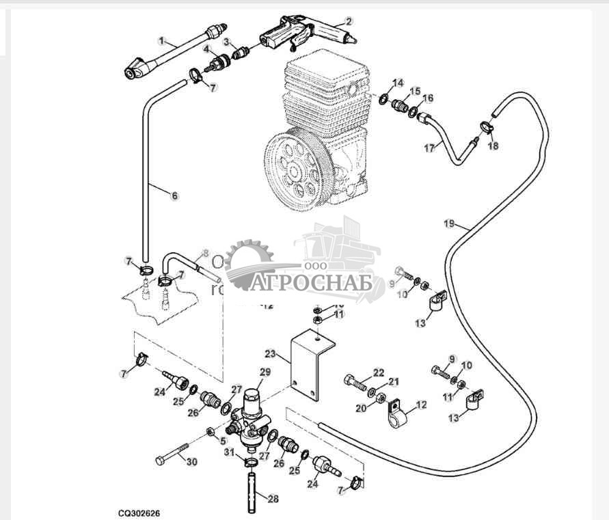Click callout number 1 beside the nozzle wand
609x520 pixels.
161,41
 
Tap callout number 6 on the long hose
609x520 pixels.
174,195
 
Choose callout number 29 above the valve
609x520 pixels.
265,372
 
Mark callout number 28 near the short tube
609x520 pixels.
273,499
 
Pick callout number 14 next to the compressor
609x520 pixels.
398,83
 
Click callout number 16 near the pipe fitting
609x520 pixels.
428,98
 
